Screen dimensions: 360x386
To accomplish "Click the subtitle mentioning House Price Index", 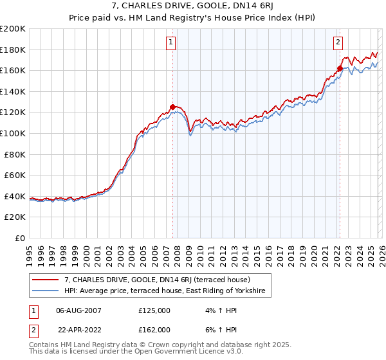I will tap(192, 18).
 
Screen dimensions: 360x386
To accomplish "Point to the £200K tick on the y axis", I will tap(13, 29).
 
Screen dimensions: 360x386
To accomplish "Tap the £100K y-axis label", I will tap(13, 133).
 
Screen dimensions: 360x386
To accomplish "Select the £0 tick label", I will tap(21, 238).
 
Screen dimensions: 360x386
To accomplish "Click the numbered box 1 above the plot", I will tap(171, 43).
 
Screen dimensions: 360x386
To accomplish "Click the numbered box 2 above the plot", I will tap(338, 43).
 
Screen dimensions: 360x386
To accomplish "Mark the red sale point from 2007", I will tap(172, 107).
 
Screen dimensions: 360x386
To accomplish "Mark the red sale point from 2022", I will tap(339, 69).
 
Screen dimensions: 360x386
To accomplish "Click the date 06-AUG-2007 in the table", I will tap(78, 310).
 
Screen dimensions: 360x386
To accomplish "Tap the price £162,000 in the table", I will tap(154, 330).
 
